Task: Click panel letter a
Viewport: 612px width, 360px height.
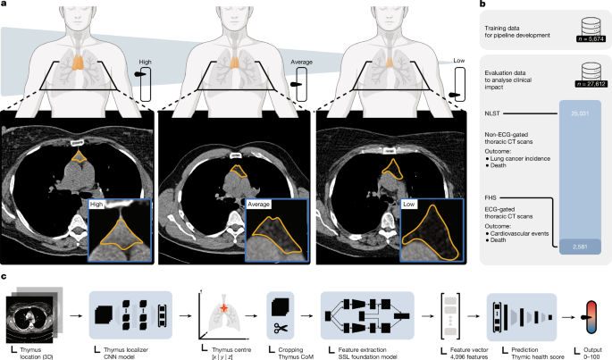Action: click(5, 5)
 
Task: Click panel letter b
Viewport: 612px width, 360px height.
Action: click(483, 5)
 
